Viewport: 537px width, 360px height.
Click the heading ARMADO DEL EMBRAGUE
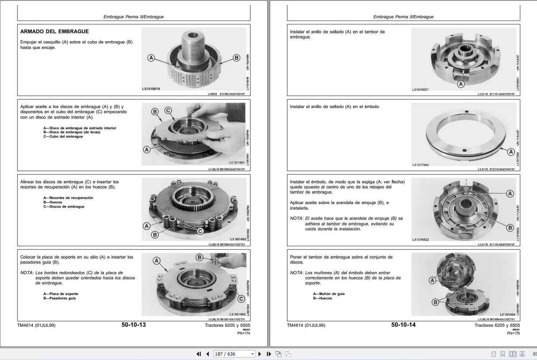54,31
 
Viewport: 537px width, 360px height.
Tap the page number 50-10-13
134,325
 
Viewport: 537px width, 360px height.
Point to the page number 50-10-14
403,325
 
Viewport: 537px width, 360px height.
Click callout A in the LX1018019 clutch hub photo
151,58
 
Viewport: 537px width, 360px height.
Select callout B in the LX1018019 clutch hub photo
236,58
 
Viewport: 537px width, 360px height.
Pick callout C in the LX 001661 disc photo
168,110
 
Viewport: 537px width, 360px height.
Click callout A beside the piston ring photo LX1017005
511,152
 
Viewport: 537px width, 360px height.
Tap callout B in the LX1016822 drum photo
510,228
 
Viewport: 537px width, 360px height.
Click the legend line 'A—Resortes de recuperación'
68,198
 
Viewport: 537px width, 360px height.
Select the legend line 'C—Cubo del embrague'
63,137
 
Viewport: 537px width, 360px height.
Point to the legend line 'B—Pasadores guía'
60,298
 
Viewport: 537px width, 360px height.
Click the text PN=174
243,333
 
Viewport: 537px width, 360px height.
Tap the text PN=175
513,333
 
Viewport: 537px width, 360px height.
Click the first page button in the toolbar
199,354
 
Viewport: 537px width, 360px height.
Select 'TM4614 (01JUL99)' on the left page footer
36,325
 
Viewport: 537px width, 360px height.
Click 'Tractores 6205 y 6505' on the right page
497,325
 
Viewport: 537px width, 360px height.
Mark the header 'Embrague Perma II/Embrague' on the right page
403,17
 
